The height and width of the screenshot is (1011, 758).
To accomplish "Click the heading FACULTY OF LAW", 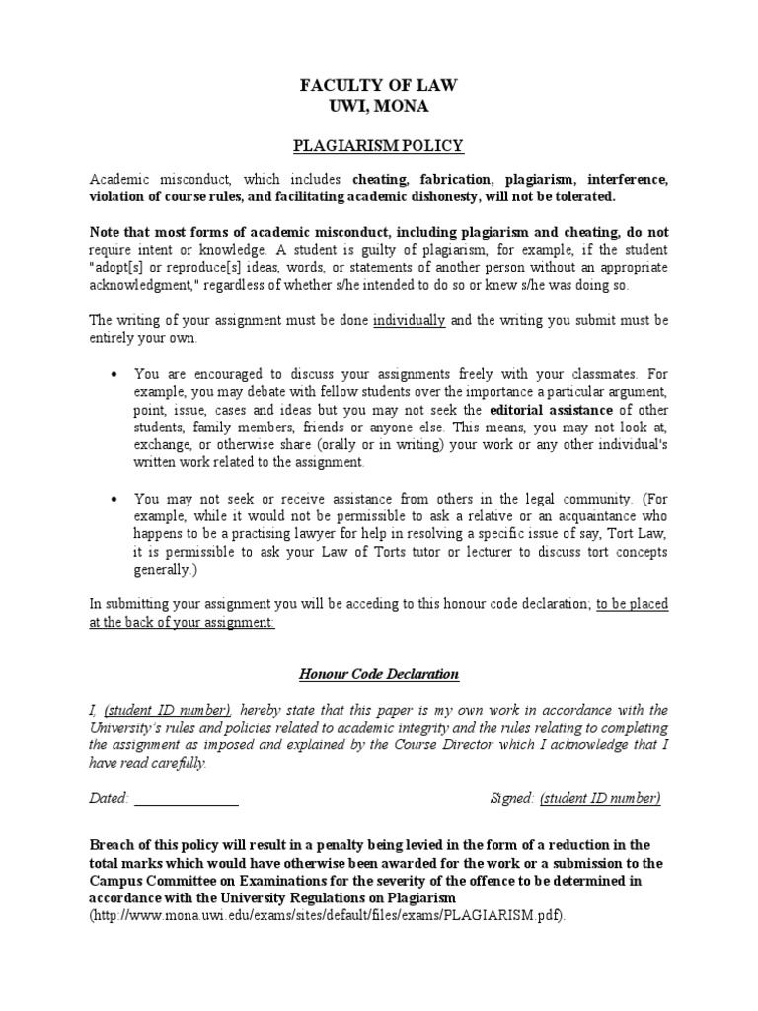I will [x=379, y=87].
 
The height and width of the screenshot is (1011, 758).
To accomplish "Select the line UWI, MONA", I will [x=379, y=106].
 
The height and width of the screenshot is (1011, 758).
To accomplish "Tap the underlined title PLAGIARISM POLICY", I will [x=379, y=146].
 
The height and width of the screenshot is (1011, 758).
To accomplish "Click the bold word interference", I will [x=628, y=179].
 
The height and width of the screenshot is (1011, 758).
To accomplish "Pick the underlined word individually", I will [x=409, y=320].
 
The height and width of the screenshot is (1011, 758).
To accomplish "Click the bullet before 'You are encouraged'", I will [x=115, y=374].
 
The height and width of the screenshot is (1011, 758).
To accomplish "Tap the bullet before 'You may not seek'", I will [x=115, y=499].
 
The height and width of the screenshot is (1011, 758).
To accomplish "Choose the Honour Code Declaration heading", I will [x=379, y=674].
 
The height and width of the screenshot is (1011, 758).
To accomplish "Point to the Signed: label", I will [x=512, y=798].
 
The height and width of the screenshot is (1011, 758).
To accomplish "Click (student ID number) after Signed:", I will [x=601, y=798].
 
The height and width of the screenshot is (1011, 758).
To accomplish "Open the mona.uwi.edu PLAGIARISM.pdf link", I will [x=328, y=915].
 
